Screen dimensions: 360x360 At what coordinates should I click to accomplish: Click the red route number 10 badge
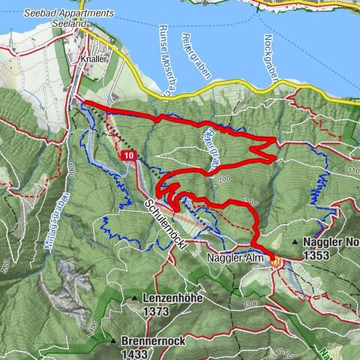tap(130, 155)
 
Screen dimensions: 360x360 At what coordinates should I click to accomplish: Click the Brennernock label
tap(154, 340)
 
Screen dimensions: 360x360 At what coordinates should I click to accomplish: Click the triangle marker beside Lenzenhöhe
tap(134, 298)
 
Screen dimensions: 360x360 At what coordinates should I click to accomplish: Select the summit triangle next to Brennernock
tap(112, 340)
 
